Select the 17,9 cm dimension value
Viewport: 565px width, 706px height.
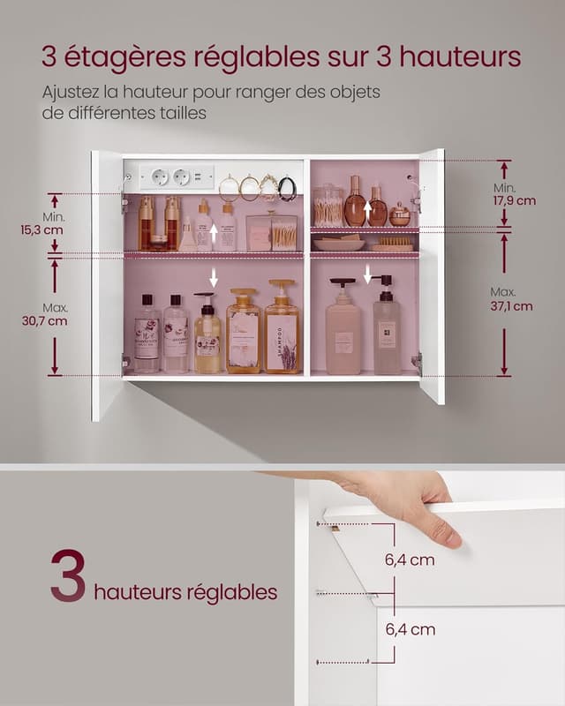[x=515, y=200]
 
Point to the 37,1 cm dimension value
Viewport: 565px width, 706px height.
[x=512, y=306]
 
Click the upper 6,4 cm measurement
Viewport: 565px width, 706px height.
[x=410, y=560]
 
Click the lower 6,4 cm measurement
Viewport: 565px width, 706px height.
[x=410, y=629]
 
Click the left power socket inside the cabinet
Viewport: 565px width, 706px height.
[x=160, y=177]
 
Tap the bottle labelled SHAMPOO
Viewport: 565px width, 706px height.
[x=282, y=331]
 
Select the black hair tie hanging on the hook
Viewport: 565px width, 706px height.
[x=287, y=187]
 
